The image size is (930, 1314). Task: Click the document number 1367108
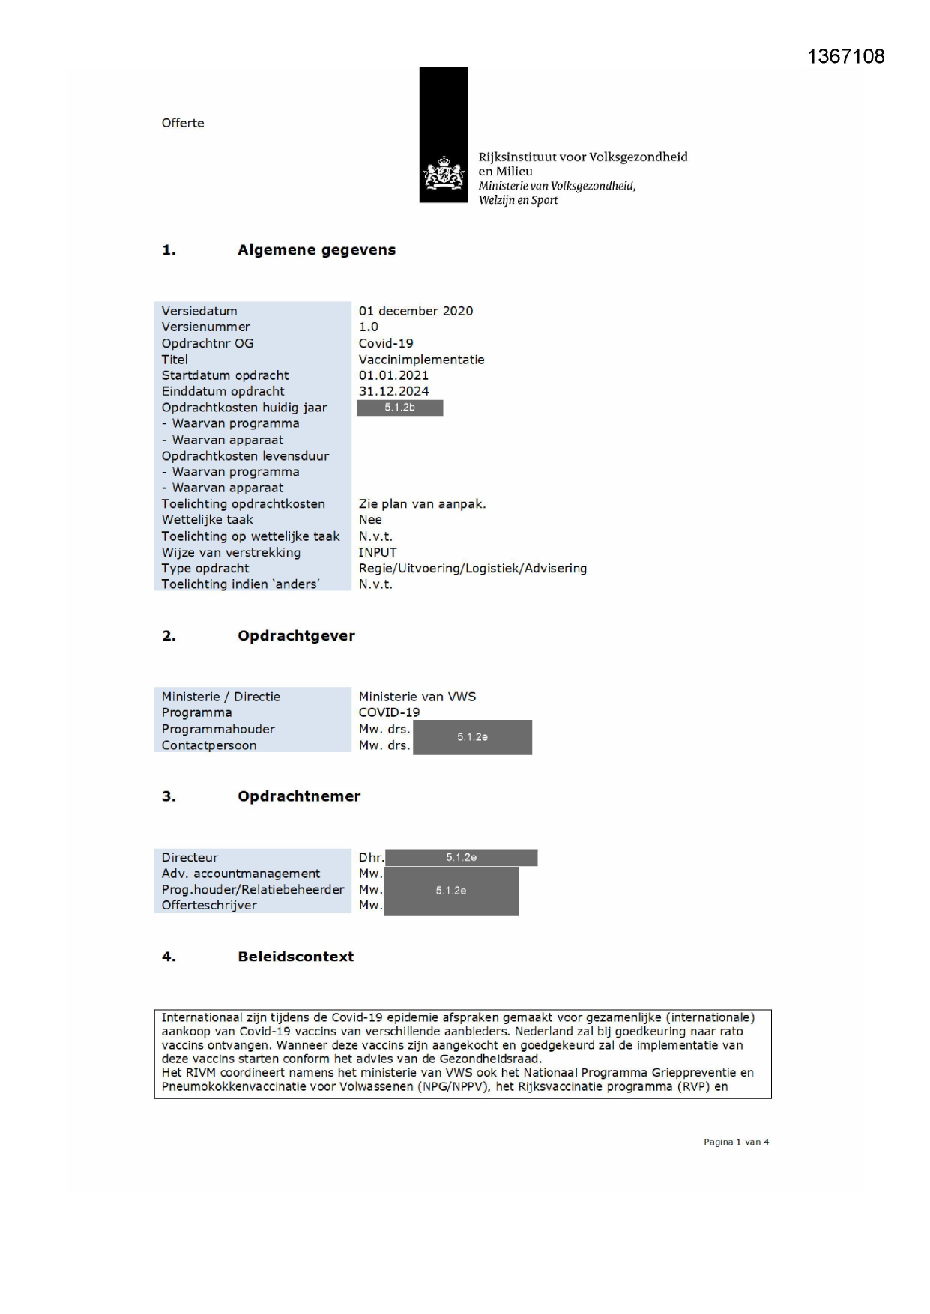(x=845, y=56)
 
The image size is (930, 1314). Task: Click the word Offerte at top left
(x=183, y=123)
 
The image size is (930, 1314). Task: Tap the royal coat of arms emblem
(x=444, y=174)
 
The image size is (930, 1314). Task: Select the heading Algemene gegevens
(x=316, y=250)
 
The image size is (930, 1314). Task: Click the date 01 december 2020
(x=416, y=311)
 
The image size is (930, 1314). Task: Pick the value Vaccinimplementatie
(x=421, y=360)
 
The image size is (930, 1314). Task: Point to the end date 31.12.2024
(x=393, y=391)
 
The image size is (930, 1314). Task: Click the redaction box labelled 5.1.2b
(x=399, y=408)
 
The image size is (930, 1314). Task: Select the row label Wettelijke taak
(x=208, y=520)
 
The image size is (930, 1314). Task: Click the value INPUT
(x=378, y=552)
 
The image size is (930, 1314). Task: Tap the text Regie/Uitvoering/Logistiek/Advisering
(x=472, y=568)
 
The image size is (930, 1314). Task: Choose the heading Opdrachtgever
(x=296, y=635)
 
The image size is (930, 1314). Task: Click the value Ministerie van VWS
(x=417, y=697)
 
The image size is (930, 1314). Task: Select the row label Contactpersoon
(x=209, y=745)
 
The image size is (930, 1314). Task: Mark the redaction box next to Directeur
(x=461, y=857)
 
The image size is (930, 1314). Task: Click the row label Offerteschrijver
(x=209, y=905)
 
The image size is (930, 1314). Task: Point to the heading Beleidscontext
(x=295, y=957)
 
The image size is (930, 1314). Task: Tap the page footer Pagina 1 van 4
(x=736, y=1142)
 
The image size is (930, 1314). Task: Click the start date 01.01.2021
(x=393, y=375)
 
